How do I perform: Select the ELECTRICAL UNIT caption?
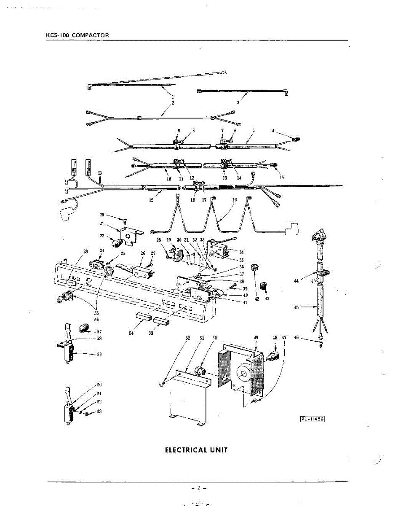196,450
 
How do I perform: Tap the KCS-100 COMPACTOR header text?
77,35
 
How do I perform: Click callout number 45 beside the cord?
296,307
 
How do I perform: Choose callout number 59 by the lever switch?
99,355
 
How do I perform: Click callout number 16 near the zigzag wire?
235,199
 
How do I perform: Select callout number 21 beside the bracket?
102,223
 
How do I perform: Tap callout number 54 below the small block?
131,333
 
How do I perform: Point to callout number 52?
188,338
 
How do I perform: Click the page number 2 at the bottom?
198,488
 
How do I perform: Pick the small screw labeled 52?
162,385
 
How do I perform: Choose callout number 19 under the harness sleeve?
151,200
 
